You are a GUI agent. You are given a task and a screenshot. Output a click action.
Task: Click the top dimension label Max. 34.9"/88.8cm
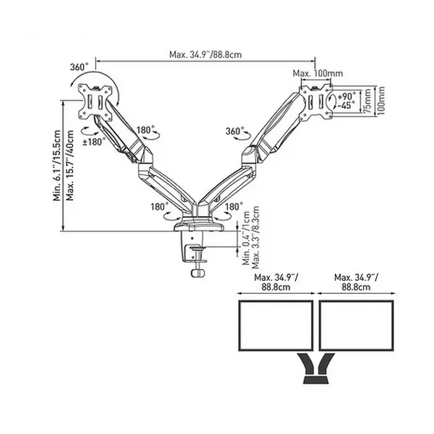pos(205,54)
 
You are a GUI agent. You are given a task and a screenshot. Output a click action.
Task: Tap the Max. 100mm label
pos(317,74)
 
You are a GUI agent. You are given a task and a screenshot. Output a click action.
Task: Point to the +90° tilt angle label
pos(347,96)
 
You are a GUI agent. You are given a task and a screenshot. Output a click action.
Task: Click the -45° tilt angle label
pos(347,105)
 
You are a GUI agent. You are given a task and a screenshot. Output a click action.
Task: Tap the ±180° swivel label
pos(95,141)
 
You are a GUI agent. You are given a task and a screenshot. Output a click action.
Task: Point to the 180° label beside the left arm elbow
pos(145,131)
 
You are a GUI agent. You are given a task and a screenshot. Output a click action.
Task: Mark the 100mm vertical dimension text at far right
pos(381,99)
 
